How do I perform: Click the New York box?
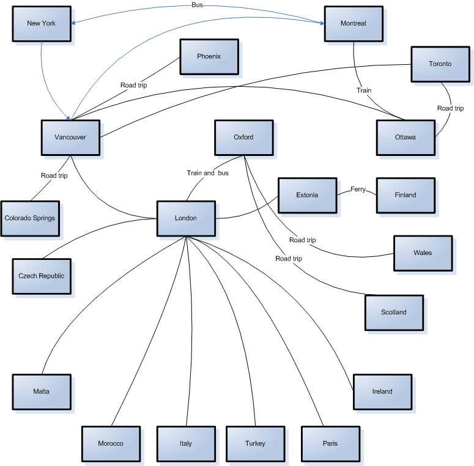(x=41, y=23)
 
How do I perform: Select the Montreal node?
(x=353, y=23)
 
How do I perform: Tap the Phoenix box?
(x=209, y=56)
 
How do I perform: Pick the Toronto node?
(x=440, y=64)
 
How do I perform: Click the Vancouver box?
(x=70, y=137)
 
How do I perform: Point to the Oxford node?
(x=243, y=137)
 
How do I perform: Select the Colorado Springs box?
(x=31, y=218)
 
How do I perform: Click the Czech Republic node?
(x=41, y=276)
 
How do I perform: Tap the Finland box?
(x=405, y=195)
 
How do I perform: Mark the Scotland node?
(x=393, y=312)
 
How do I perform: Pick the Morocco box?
(x=111, y=443)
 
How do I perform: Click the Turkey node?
(x=254, y=443)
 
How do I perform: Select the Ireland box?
(x=382, y=391)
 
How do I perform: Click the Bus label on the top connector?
(x=197, y=4)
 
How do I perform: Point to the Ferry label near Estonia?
(x=358, y=190)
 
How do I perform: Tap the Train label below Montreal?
(x=364, y=91)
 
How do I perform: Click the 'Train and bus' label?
(x=207, y=173)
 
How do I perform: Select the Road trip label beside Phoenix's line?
(x=133, y=86)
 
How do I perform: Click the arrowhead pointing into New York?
(x=73, y=23)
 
